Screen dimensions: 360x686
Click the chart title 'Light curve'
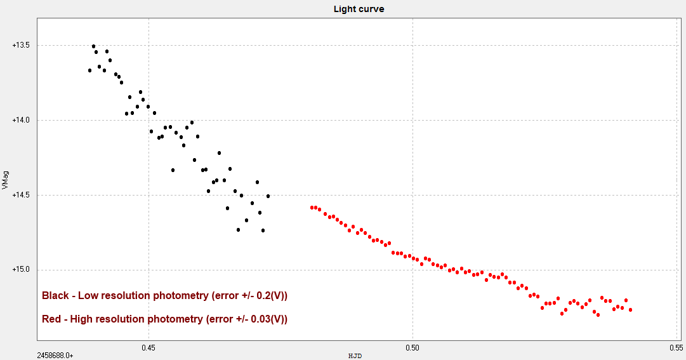[x=359, y=9]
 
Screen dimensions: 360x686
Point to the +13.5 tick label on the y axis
[x=21, y=46]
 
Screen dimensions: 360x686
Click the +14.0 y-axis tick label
[x=21, y=121]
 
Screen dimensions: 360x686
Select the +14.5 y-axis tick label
[x=21, y=196]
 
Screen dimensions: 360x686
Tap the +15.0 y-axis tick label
[x=21, y=270]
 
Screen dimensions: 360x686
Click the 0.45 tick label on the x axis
[x=148, y=347]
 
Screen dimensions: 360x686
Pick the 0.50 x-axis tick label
[x=412, y=347]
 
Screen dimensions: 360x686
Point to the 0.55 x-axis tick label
[x=676, y=347]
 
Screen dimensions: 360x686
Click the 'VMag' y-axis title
[x=6, y=180]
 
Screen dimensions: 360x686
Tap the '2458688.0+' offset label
[x=55, y=356]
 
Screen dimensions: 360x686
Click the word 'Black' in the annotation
[x=55, y=296]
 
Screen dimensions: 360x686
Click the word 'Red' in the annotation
[x=51, y=319]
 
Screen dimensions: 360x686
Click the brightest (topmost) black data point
[x=93, y=46]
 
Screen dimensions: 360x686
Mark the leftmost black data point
[x=89, y=70]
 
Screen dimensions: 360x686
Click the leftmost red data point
[x=312, y=208]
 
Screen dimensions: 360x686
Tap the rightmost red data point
[x=630, y=310]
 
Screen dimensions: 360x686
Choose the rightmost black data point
[x=268, y=196]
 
